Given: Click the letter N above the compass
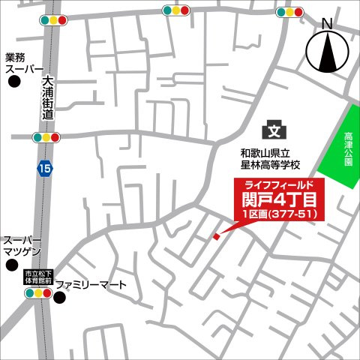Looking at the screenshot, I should [x=327, y=24].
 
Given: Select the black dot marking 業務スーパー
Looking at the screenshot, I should [x=13, y=83].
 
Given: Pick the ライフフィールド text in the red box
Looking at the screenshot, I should [x=279, y=184].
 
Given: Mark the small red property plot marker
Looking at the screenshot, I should [x=217, y=236].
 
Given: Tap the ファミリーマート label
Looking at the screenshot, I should [x=102, y=286].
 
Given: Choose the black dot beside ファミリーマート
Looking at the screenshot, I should [x=61, y=298].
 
